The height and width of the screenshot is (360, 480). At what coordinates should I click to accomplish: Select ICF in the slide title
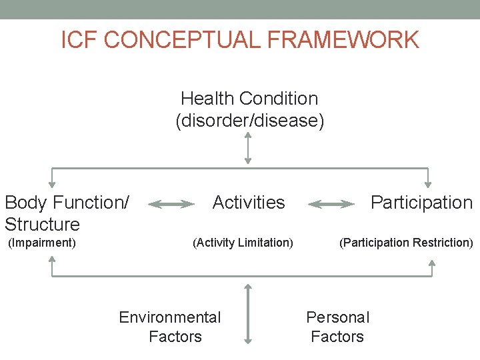(79, 40)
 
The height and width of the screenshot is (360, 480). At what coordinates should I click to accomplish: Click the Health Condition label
(249, 99)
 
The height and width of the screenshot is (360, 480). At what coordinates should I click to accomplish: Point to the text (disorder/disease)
(249, 121)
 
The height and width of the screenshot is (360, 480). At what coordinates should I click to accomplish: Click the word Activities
(249, 202)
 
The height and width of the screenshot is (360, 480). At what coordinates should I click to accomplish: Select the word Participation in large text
(421, 202)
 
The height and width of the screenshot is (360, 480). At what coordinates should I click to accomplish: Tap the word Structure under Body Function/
(42, 224)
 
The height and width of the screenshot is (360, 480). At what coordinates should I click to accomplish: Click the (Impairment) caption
(41, 243)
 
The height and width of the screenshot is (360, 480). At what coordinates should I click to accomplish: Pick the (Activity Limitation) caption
(243, 243)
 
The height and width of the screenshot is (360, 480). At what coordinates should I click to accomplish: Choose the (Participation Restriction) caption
(406, 243)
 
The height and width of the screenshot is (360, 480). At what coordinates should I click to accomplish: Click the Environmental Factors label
(170, 327)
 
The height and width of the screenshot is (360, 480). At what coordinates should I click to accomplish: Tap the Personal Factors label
(337, 327)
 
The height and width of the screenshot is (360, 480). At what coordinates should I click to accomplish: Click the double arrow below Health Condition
(248, 147)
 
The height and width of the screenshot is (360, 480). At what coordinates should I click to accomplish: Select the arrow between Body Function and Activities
(171, 204)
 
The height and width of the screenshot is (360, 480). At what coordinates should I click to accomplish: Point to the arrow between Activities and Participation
(331, 204)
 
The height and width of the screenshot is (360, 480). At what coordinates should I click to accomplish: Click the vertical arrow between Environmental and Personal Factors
(248, 313)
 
